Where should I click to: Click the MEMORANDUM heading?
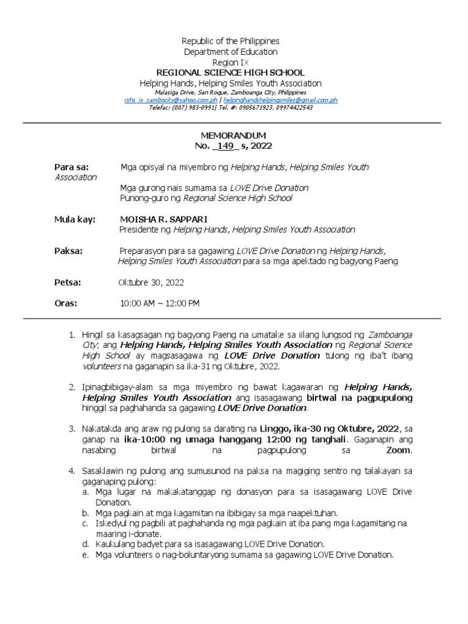pyautogui.click(x=233, y=135)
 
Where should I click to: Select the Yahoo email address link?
pyautogui.click(x=170, y=100)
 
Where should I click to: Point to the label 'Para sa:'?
pyautogui.click(x=72, y=166)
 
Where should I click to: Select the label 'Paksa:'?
pyautogui.click(x=68, y=250)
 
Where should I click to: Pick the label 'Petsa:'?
pyautogui.click(x=68, y=282)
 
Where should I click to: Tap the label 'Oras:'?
pyautogui.click(x=66, y=303)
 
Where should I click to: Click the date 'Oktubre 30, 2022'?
pyautogui.click(x=151, y=283)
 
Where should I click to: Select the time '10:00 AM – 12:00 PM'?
pyautogui.click(x=160, y=303)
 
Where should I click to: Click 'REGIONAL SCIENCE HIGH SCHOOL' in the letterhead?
pyautogui.click(x=230, y=73)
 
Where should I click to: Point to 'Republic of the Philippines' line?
pyautogui.click(x=230, y=41)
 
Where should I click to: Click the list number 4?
pyautogui.click(x=71, y=471)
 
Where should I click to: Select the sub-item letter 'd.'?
pyautogui.click(x=85, y=543)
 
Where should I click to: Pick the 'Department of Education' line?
pyautogui.click(x=230, y=52)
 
